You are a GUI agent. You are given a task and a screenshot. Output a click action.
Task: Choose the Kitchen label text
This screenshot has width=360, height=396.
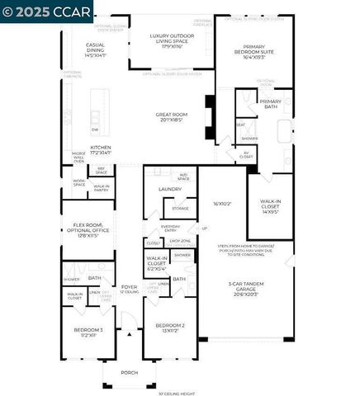click(101, 149)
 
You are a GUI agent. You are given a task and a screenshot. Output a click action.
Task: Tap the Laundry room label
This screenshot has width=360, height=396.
click(170, 189)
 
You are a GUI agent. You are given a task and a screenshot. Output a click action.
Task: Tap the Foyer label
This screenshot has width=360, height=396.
click(128, 288)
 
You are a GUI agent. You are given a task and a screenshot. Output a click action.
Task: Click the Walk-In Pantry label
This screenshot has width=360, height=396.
click(102, 187)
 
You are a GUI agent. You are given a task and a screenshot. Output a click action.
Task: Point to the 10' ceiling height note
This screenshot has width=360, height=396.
click(178, 393)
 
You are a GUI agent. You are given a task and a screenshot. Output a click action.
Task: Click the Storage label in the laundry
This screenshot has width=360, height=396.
click(181, 208)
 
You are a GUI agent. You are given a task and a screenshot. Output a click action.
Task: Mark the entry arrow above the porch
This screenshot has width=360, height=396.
click(128, 334)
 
